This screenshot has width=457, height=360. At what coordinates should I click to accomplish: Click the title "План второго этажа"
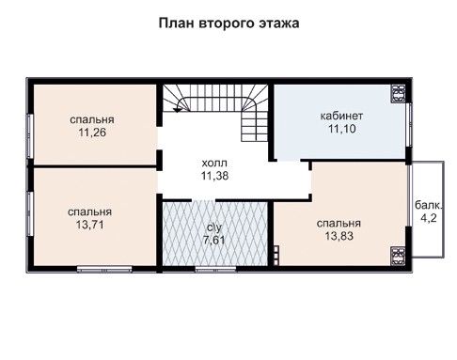click(228, 23)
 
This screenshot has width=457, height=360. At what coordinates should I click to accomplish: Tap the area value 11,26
click(92, 133)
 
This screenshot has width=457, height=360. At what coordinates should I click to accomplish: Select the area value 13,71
click(89, 225)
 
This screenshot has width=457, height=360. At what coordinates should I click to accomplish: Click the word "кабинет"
click(341, 116)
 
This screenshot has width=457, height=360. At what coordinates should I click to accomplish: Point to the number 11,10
click(341, 129)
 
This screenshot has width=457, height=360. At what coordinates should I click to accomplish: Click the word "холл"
click(214, 164)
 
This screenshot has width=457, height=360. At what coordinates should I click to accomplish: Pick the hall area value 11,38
click(214, 176)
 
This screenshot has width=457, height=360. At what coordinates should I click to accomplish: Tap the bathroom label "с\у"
click(214, 227)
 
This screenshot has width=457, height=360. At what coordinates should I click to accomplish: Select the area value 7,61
click(214, 241)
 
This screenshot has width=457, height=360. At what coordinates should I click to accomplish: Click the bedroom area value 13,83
click(339, 236)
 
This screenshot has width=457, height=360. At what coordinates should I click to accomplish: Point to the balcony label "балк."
click(429, 205)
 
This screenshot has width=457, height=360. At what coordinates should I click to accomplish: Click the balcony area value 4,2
click(429, 218)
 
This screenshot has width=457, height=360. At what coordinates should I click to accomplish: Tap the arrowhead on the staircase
click(178, 110)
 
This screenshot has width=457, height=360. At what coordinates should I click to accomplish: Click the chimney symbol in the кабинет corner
click(398, 94)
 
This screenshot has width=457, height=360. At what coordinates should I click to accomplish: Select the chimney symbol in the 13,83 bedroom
click(398, 256)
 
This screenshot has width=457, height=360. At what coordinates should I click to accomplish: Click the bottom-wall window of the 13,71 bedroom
click(104, 269)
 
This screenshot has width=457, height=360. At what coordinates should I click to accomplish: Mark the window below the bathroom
click(215, 269)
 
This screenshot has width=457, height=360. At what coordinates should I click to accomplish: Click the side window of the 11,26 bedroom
click(29, 136)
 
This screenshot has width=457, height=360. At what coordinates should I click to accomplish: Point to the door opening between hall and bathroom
click(204, 200)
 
